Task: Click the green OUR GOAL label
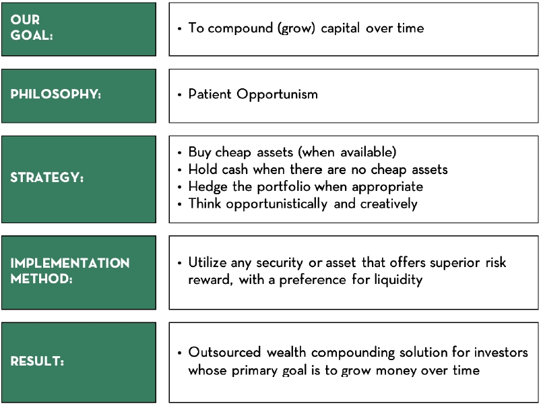tap(32, 28)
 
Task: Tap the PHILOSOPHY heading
tap(55, 94)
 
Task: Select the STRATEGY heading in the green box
tap(47, 179)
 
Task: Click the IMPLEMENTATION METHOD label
tap(69, 270)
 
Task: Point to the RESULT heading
tap(38, 361)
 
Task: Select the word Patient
tap(210, 94)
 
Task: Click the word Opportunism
tap(277, 94)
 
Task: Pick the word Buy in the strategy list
tap(199, 152)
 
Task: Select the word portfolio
tap(285, 187)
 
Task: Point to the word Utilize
tap(209, 262)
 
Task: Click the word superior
tap(446, 262)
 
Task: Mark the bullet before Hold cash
tap(180, 170)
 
